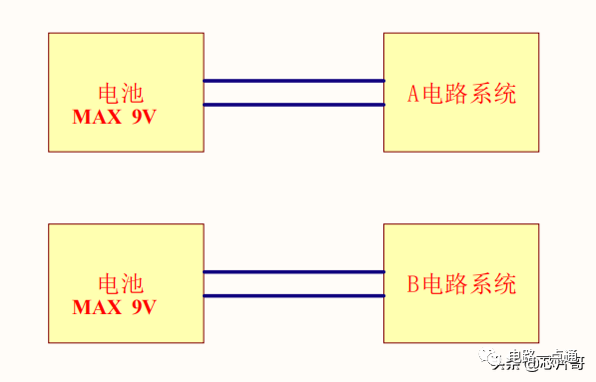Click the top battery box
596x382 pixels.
tap(126, 60)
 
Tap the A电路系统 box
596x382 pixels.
tap(461, 60)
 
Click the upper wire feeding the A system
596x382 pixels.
tap(294, 81)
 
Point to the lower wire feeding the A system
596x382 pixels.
tap(294, 105)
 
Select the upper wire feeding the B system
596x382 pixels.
tap(294, 271)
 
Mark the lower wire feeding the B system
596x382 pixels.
tap(294, 295)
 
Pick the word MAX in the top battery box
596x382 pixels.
tap(95, 117)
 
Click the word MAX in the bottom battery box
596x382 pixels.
tap(95, 307)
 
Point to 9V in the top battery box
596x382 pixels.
tap(143, 117)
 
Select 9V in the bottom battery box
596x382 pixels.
tap(143, 307)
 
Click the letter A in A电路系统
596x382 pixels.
tap(414, 95)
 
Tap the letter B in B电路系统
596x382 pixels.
tap(413, 285)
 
